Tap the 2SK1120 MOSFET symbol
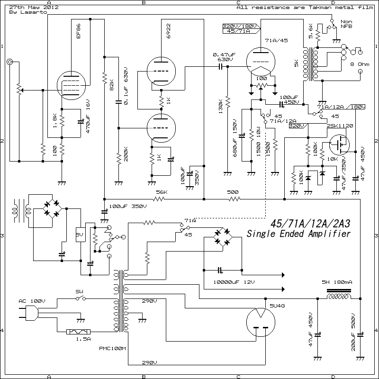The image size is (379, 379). pyautogui.click(x=339, y=144)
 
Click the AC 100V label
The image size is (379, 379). pyautogui.click(x=32, y=301)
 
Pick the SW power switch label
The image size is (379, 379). pyautogui.click(x=79, y=291)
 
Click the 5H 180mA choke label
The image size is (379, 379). pyautogui.click(x=336, y=282)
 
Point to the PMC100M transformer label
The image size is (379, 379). pyautogui.click(x=112, y=349)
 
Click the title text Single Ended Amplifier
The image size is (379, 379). pyautogui.click(x=298, y=234)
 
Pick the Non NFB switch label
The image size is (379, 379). pyautogui.click(x=346, y=24)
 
